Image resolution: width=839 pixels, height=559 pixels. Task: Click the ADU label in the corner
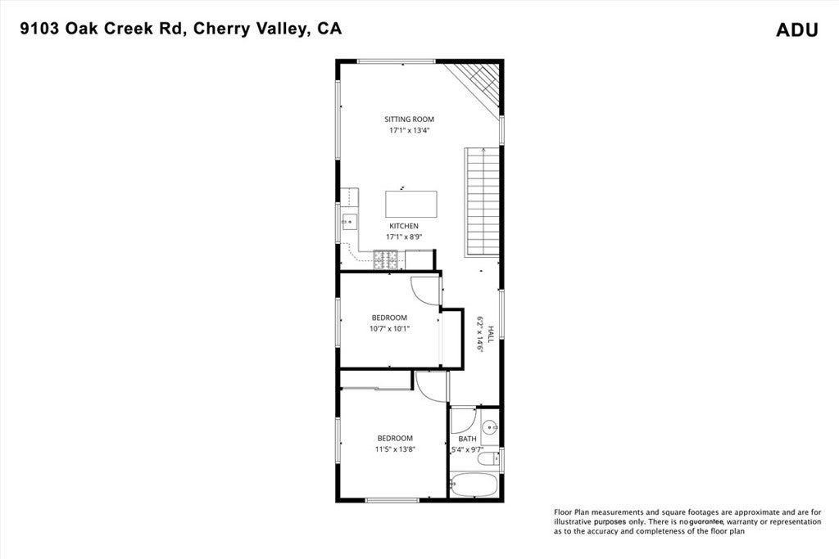[x=796, y=30]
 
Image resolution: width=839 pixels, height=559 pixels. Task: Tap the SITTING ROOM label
[x=410, y=119]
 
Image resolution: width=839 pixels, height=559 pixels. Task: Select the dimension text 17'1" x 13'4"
[x=410, y=131]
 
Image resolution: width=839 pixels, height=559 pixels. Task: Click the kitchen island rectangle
[x=411, y=204]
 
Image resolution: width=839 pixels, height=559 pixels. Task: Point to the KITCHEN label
[x=404, y=226]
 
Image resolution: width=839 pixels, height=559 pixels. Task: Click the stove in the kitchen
[x=386, y=260]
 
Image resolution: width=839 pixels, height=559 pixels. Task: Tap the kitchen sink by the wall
[x=349, y=219]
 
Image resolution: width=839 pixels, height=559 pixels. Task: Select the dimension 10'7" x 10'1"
[x=389, y=329]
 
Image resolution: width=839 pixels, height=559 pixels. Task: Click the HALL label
[x=491, y=334]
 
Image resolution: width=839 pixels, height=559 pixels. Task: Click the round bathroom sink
[x=490, y=426]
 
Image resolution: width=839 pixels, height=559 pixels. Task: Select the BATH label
[x=467, y=439]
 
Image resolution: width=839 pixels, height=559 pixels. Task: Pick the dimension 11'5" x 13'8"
[x=395, y=449]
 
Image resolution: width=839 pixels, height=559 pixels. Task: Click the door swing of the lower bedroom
[x=429, y=385]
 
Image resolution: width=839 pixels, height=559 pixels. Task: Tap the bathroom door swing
[x=462, y=421]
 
